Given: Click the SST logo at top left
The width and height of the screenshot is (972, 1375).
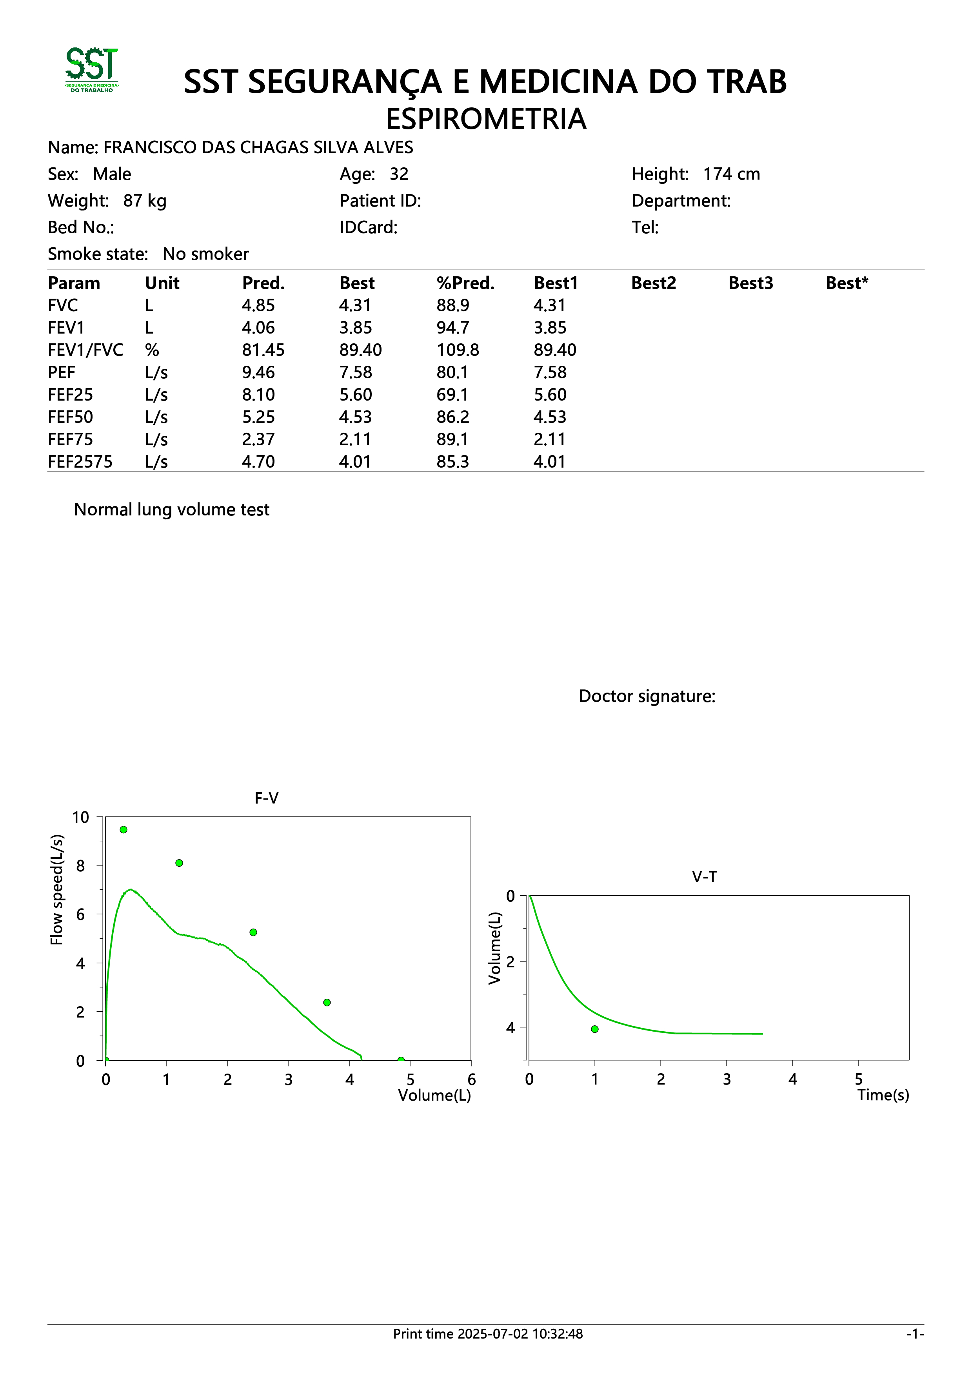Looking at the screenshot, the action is point(92,70).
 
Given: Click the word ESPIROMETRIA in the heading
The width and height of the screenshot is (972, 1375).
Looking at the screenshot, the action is point(486,119).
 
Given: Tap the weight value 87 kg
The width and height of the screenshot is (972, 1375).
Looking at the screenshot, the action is point(145,201).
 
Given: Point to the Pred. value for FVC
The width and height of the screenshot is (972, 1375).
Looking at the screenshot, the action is point(258,305).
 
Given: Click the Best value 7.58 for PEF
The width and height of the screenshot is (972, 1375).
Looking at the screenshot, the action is point(355,372).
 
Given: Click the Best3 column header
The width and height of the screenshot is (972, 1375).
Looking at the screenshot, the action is point(750,283).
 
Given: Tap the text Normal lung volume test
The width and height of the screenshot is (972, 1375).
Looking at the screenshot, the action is point(172,510).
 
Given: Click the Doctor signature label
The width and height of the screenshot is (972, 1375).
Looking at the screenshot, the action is point(647,697).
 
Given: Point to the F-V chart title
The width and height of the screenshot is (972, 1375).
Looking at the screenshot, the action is point(267,798).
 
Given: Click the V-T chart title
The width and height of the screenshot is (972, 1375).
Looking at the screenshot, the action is point(704,877).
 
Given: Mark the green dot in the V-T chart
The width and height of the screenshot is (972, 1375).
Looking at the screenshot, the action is point(595,1029).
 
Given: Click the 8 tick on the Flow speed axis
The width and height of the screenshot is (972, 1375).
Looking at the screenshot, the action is point(81,866).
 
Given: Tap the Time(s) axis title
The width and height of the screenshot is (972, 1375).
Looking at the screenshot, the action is point(883,1095).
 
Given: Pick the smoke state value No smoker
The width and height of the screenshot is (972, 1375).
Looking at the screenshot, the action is point(205,254).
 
